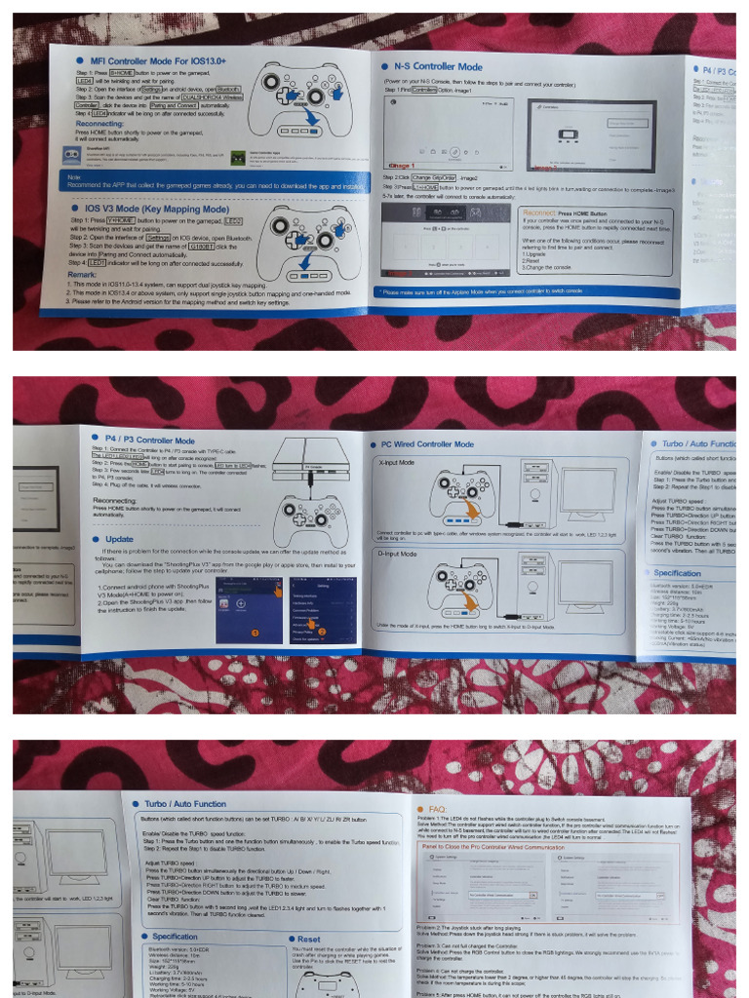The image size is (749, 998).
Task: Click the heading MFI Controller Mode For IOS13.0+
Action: (x=157, y=60)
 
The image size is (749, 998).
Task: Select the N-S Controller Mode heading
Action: (x=438, y=67)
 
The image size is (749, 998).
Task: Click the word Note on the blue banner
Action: (x=75, y=176)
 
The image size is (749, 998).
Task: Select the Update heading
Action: (x=120, y=538)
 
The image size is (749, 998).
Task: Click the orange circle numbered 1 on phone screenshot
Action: (x=256, y=633)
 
